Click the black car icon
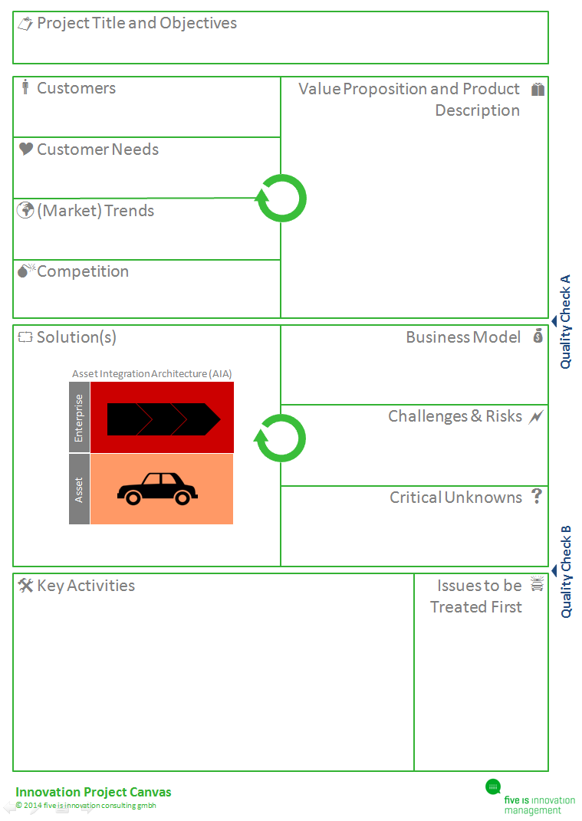(x=157, y=488)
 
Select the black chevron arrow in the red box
(x=163, y=419)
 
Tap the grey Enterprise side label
(x=79, y=418)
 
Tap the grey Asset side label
(x=79, y=489)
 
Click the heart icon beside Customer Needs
(x=26, y=149)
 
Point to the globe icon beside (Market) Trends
(x=25, y=210)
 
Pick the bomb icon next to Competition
(x=25, y=270)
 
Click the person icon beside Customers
(x=25, y=87)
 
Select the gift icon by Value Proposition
(x=538, y=90)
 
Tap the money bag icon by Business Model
(x=538, y=336)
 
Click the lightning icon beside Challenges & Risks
(x=536, y=417)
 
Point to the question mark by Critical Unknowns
(x=537, y=496)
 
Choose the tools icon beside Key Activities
(x=25, y=585)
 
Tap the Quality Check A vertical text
(x=565, y=321)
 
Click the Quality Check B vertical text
(x=566, y=572)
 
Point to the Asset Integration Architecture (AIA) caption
(x=152, y=373)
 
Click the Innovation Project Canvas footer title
(x=94, y=792)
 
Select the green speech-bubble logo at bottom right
(x=493, y=787)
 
